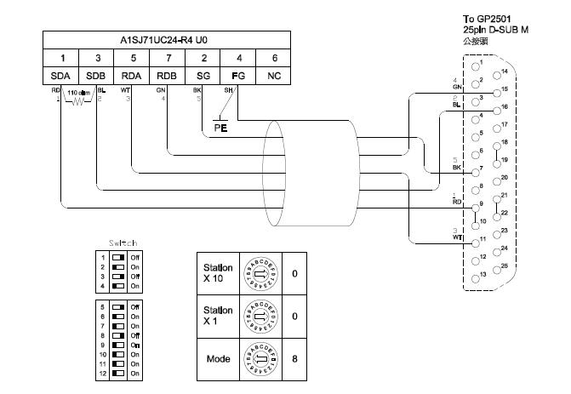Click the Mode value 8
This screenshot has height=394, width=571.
click(294, 359)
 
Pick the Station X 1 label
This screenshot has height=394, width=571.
click(217, 315)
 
